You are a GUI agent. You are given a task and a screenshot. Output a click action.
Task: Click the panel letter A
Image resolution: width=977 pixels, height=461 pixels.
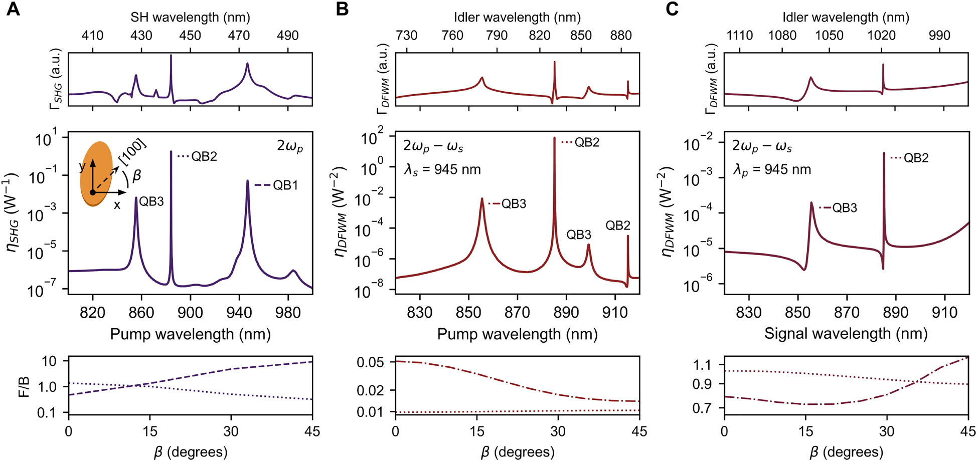[13, 9]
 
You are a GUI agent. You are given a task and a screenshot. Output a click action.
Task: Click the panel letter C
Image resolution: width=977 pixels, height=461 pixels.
[672, 9]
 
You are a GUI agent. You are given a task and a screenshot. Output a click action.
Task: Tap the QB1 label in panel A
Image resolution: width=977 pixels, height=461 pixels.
[285, 185]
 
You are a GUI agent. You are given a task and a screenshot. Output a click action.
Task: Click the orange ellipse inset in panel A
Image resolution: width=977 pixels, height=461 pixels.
[96, 173]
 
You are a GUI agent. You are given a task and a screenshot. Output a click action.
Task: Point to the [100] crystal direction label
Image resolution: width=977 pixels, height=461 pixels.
[132, 152]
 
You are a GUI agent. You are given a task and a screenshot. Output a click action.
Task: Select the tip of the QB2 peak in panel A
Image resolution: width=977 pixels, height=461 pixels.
[171, 151]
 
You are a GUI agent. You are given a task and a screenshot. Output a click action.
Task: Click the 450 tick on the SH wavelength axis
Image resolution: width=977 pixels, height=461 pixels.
[190, 36]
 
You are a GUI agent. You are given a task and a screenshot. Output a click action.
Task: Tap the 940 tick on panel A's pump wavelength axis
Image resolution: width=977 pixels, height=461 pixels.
[239, 313]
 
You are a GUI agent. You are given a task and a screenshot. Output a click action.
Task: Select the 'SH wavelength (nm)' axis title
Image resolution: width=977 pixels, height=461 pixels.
[190, 17]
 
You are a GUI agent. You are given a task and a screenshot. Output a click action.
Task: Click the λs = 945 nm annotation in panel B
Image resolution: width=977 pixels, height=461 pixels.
[442, 169]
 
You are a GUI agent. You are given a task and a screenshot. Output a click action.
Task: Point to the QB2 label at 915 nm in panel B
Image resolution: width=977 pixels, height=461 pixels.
[617, 225]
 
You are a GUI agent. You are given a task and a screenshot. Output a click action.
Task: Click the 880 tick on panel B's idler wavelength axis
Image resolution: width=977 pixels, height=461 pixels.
[621, 36]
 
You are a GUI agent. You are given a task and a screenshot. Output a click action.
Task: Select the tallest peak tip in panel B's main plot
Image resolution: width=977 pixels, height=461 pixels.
[554, 138]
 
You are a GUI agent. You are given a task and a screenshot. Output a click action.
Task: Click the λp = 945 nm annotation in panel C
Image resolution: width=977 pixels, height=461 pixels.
[772, 169]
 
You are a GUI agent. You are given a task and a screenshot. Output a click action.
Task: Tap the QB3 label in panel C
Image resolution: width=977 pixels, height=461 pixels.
[845, 207]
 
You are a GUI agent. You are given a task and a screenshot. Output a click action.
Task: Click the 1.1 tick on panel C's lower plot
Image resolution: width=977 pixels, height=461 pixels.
[703, 364]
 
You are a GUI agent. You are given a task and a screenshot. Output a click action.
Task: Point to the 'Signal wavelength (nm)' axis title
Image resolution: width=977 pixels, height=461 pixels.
[846, 334]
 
